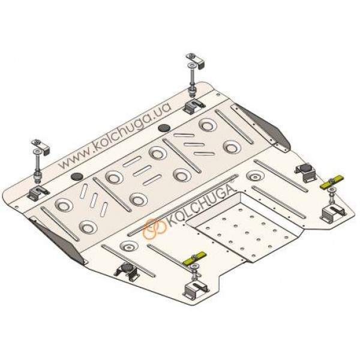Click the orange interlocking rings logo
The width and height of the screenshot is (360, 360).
154,228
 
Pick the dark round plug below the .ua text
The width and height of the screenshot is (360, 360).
164,128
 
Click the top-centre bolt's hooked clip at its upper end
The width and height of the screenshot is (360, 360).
195,61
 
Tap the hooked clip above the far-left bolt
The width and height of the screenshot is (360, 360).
41,148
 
